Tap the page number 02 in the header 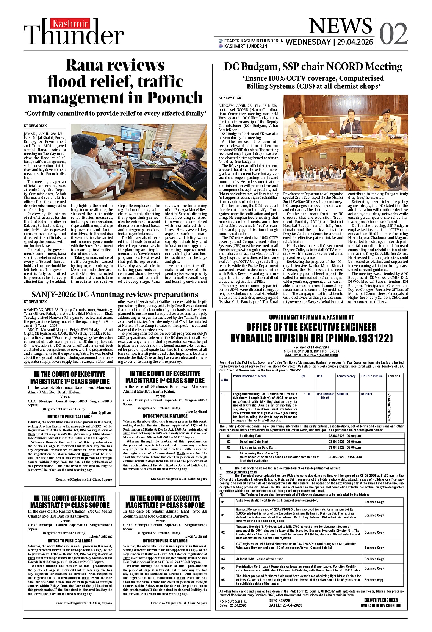pyautogui.click(x=393, y=34)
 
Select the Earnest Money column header pyautogui.click(x=346, y=376)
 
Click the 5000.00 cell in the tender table pyautogui.click(x=343, y=394)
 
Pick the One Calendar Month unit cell pyautogui.click(x=325, y=396)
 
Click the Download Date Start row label pyautogui.click(x=254, y=442)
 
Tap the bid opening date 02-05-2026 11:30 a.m pyautogui.click(x=345, y=457)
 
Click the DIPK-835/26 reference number pyautogui.click(x=279, y=601)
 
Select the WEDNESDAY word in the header pyautogui.click(x=308, y=42)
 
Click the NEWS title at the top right pyautogui.click(x=340, y=26)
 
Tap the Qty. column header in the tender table pyautogui.click(x=303, y=376)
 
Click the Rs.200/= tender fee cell pyautogui.click(x=366, y=394)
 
